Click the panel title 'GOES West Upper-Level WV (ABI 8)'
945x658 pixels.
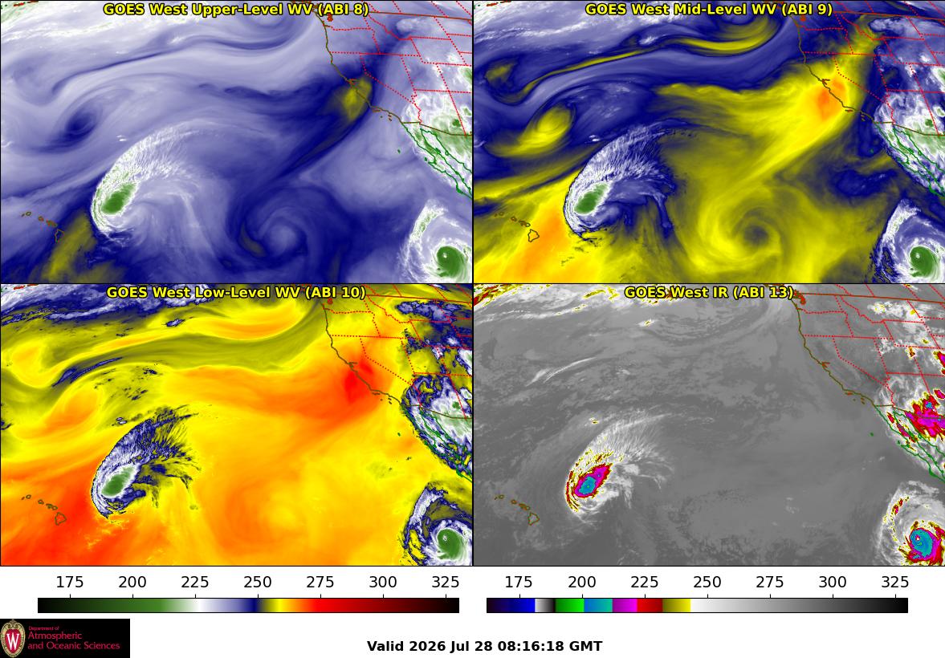point(235,9)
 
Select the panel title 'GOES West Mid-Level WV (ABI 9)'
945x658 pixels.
point(709,9)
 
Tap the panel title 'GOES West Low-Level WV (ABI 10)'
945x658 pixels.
point(235,292)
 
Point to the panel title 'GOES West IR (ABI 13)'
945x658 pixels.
point(709,292)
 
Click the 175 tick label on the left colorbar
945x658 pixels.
point(70,582)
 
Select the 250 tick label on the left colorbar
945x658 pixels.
point(258,582)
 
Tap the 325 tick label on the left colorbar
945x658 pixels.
point(446,582)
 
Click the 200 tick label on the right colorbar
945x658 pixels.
point(581,582)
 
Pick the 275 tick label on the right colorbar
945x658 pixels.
point(770,582)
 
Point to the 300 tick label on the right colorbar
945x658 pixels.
point(833,582)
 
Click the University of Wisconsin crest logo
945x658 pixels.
point(14,639)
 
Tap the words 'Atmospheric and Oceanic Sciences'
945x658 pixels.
point(74,640)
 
